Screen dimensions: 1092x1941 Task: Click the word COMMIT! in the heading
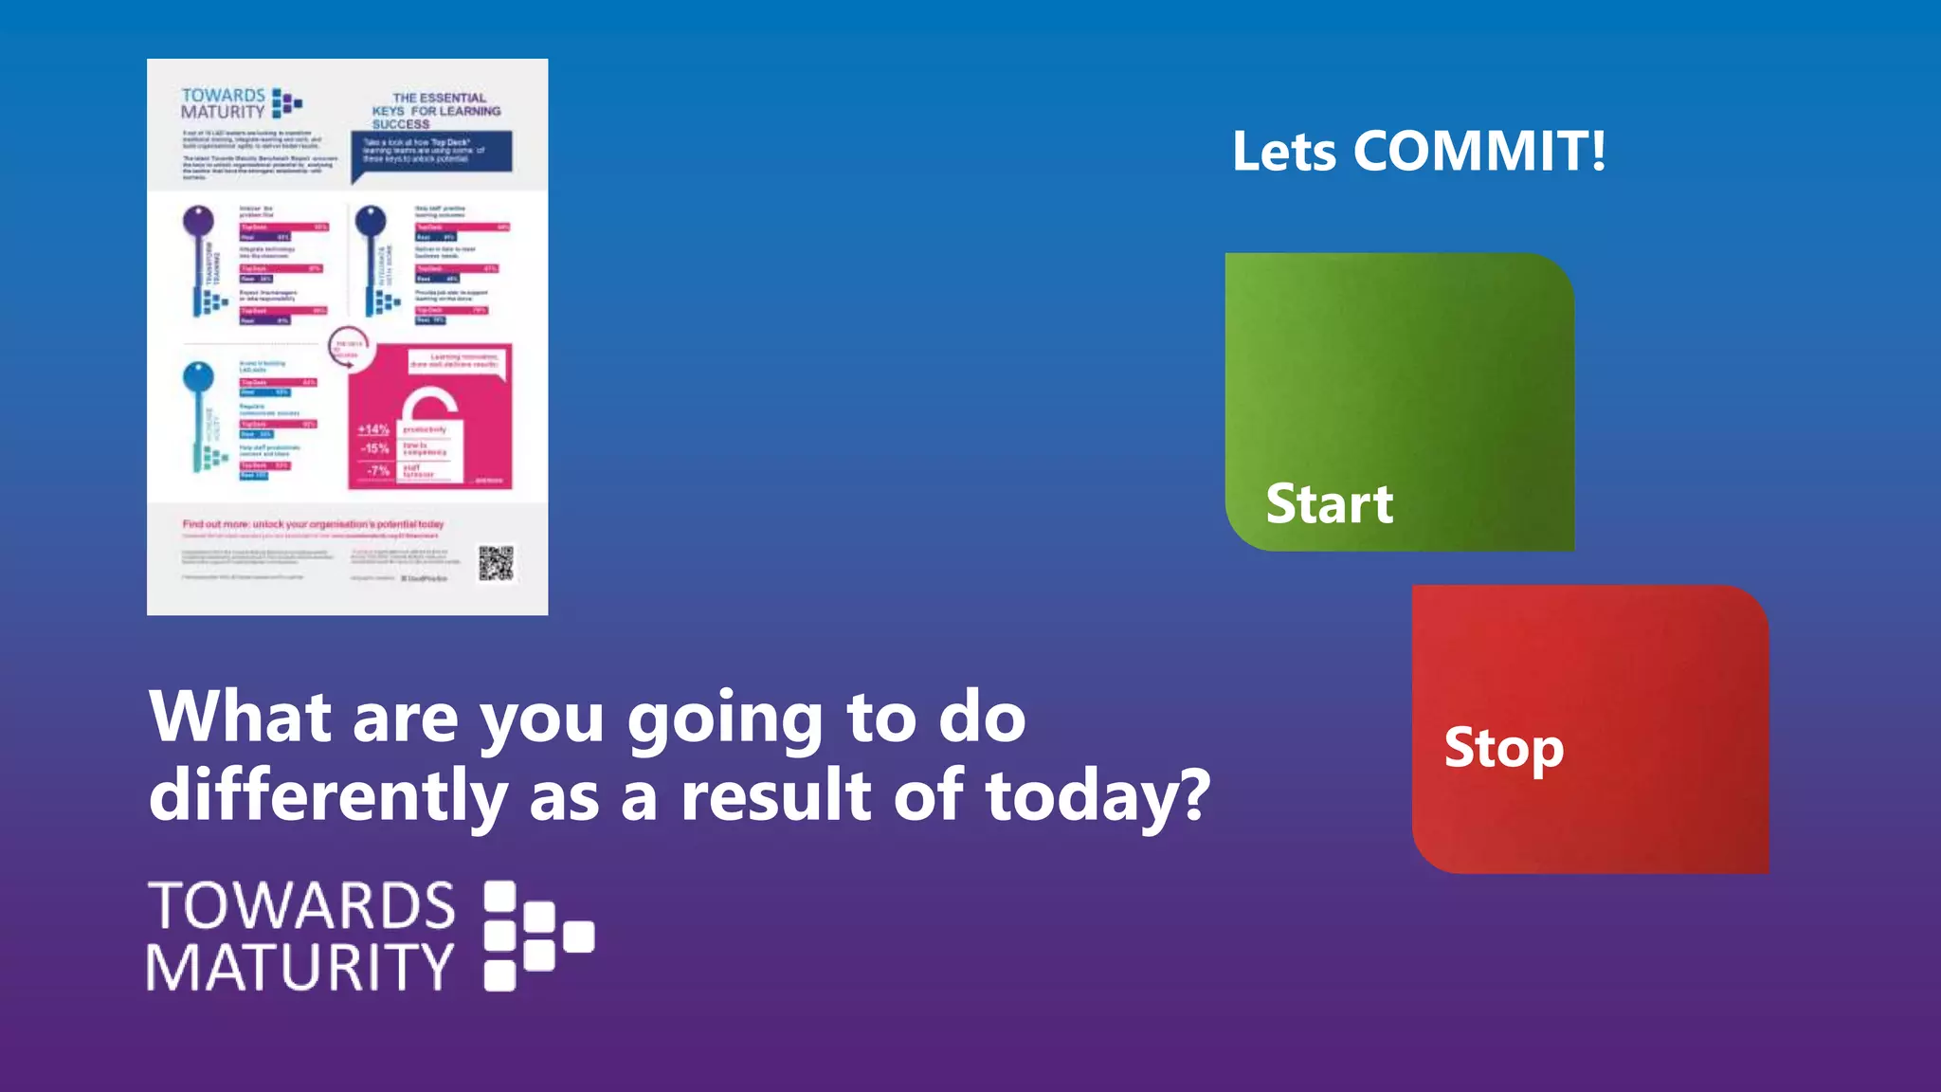1479,151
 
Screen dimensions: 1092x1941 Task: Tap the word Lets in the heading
1284,152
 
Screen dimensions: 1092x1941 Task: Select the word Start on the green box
1330,503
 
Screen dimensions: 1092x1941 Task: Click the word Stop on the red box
1503,748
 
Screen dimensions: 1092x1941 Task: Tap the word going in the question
725,719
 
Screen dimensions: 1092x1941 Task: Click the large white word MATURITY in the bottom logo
300,967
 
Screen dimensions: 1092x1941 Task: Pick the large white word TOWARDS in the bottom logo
302,905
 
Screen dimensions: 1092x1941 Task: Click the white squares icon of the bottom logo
536,936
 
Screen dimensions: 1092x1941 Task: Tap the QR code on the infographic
496,563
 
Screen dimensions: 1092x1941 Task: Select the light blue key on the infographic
199,412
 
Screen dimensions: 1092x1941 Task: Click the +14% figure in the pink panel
373,429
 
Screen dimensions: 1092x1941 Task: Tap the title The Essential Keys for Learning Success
437,111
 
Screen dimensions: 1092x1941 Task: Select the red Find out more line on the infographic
313,524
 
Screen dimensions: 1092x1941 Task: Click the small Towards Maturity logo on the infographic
241,103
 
